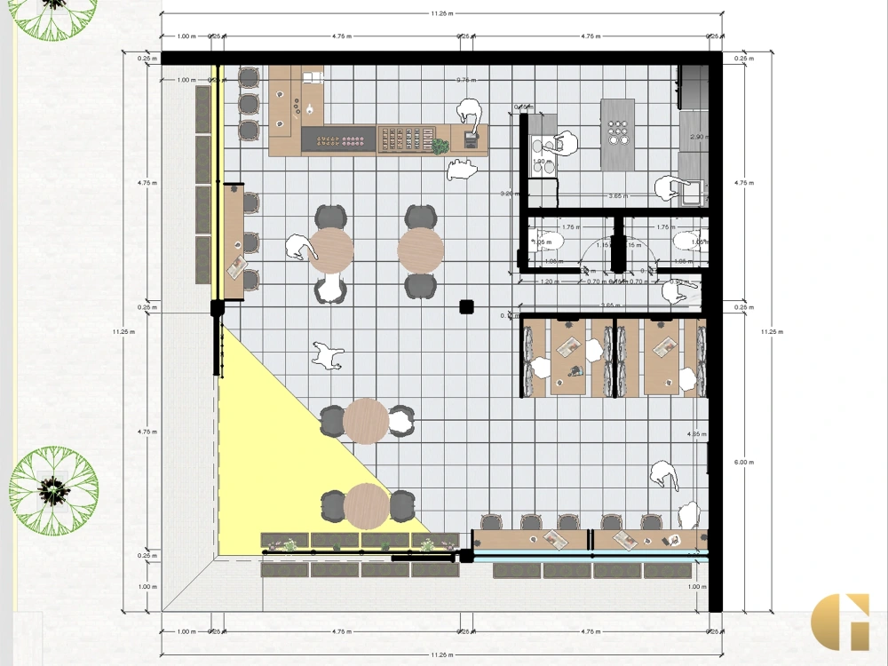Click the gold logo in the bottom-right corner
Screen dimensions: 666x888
[840, 621]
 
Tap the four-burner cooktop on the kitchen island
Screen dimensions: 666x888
[618, 133]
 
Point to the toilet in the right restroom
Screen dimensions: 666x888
[687, 241]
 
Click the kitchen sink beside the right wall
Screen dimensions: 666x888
[692, 189]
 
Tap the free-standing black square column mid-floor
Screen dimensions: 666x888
[464, 307]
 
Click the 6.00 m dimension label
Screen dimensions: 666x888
[743, 462]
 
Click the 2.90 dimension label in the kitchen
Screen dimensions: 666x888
[697, 137]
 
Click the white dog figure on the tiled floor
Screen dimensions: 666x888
[327, 355]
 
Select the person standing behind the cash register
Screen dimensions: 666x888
[470, 113]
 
